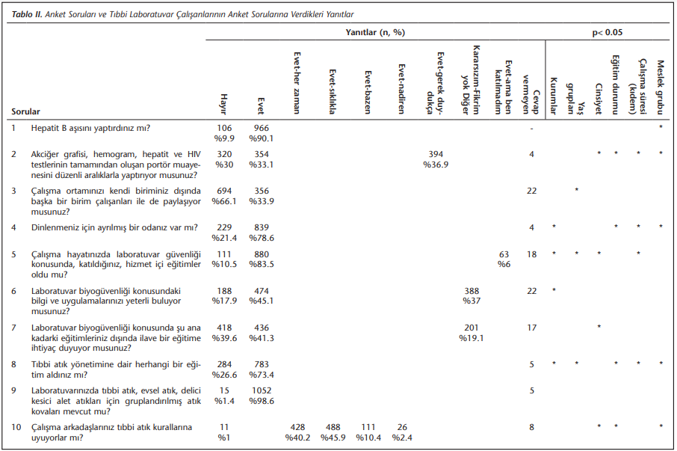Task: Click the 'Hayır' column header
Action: (x=223, y=104)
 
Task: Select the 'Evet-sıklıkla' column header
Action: (x=332, y=91)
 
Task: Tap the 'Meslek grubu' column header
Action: (x=660, y=88)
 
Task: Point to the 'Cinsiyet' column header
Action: (x=599, y=99)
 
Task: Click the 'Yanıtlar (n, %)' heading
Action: (x=375, y=32)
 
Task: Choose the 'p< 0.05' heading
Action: (x=608, y=32)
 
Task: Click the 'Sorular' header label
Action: (x=25, y=111)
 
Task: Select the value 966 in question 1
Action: (x=262, y=129)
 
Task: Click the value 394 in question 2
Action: (x=436, y=154)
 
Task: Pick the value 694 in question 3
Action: (x=224, y=191)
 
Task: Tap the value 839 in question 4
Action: (x=262, y=227)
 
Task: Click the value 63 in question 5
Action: (x=504, y=254)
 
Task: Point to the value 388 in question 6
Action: (x=472, y=291)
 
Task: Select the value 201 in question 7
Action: (x=472, y=328)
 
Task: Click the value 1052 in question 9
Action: (x=262, y=390)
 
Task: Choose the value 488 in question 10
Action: (x=333, y=427)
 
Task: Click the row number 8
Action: (x=13, y=364)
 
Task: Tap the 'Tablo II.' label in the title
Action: (x=27, y=14)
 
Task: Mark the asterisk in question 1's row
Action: (x=661, y=127)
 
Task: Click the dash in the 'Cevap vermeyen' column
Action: (x=531, y=129)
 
